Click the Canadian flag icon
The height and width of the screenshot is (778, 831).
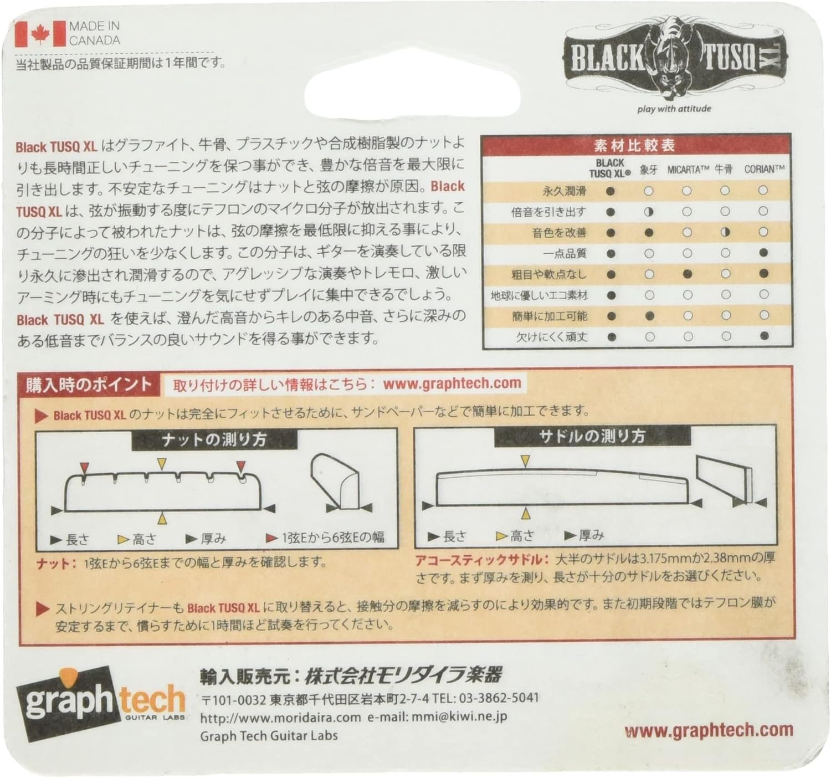40,34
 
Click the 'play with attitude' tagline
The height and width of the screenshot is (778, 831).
674,109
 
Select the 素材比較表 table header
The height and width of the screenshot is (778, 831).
635,146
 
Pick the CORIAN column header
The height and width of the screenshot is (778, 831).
764,169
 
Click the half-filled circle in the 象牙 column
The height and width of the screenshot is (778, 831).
649,212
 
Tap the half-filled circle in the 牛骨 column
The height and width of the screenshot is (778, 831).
725,232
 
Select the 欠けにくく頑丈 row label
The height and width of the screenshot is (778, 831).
552,337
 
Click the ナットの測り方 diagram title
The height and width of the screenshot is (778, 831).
214,440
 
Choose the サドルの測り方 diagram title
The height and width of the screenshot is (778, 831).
592,437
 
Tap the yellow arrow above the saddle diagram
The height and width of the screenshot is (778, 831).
525,460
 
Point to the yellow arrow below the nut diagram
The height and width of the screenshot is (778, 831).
162,518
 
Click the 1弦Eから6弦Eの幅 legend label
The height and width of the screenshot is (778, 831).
332,537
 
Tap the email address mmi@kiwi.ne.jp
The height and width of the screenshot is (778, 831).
459,717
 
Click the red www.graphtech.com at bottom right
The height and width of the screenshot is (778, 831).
709,730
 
